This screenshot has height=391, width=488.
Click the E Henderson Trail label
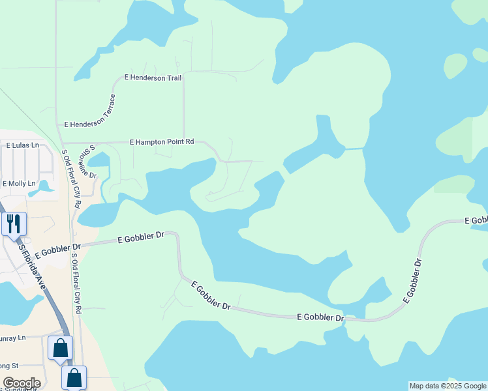pos(153,78)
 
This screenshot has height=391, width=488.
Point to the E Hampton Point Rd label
pos(162,141)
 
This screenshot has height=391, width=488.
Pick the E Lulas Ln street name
pos(22,145)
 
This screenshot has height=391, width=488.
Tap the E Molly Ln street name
pos(19,184)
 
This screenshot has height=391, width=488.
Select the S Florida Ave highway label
pos(33,264)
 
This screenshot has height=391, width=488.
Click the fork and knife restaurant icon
pos(14,224)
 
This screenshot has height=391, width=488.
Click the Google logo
pos(22,383)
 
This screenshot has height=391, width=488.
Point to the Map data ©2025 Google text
pos(448,386)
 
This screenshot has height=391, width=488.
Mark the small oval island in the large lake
pos(456,65)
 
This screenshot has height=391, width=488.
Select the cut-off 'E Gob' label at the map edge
pos(476,222)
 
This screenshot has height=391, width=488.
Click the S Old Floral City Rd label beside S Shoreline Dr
pos(72,179)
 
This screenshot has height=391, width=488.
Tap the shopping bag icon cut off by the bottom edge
pos(74,377)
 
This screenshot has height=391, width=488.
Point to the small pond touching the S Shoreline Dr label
pos(99,160)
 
